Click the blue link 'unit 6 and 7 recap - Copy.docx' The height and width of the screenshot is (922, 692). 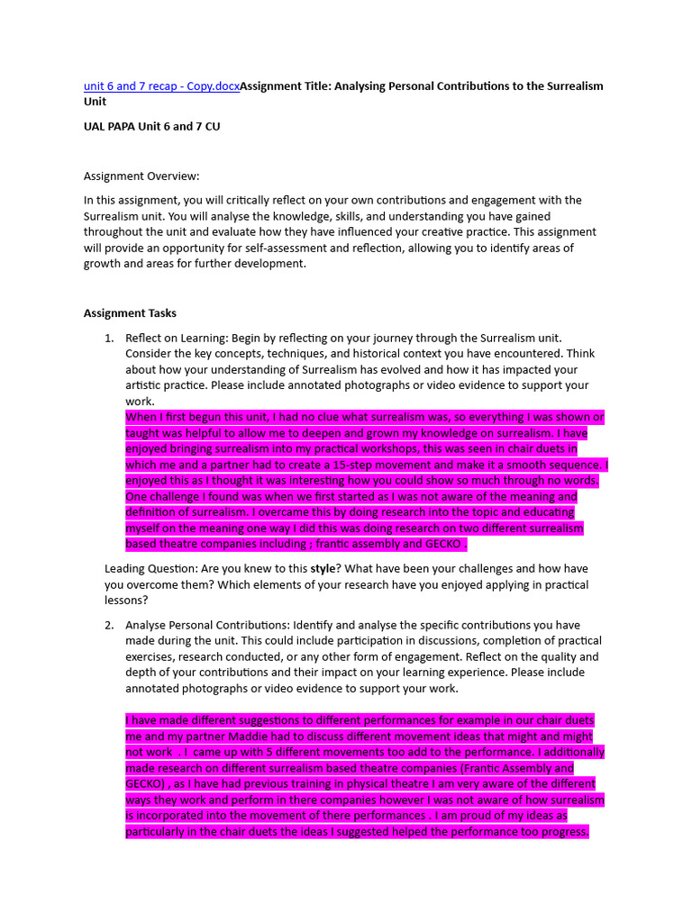[x=161, y=86]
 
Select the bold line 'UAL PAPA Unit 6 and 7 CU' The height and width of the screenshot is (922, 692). [x=151, y=126]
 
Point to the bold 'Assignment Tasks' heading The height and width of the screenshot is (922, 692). [x=130, y=313]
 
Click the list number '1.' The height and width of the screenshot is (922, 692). [x=109, y=338]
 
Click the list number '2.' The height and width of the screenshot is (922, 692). [x=109, y=625]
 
